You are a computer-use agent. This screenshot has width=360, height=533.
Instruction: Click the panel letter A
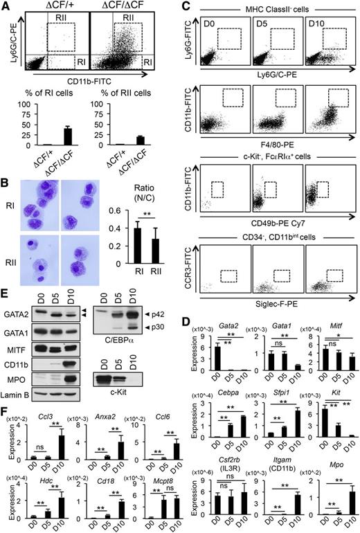[6, 7]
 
